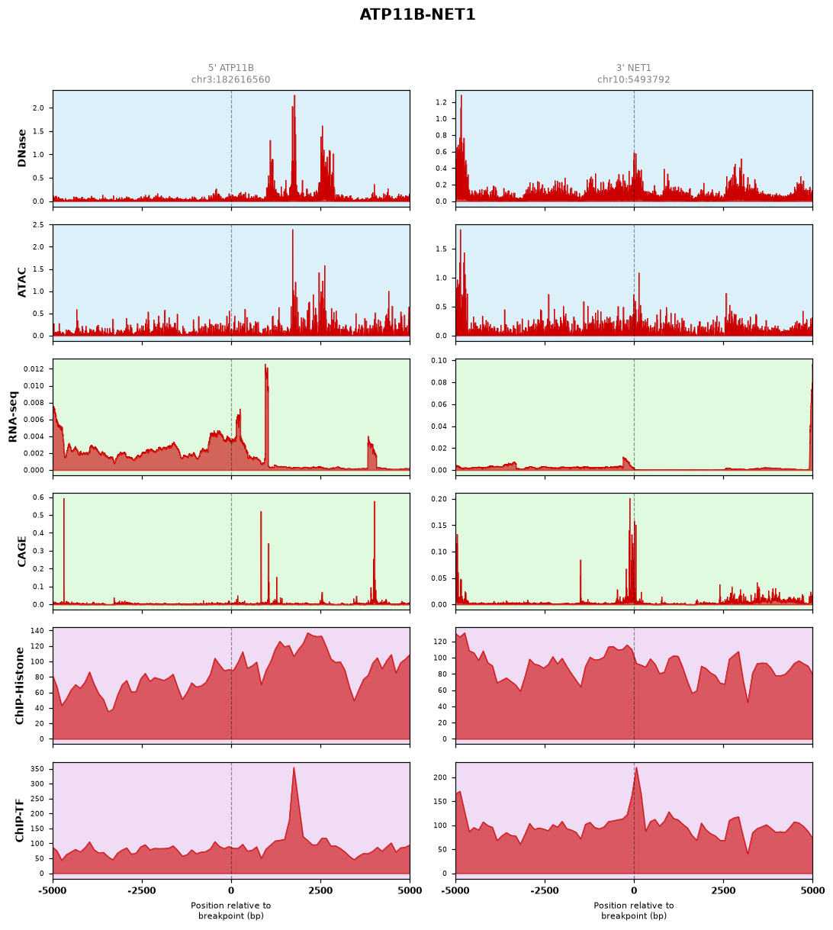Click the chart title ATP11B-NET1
coord(416,14)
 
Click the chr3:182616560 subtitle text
coord(230,79)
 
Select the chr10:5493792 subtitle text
coord(633,79)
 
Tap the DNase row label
coord(21,148)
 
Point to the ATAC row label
coord(21,282)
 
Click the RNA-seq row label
coord(13,417)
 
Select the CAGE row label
coord(21,551)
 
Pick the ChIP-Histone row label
coord(19,685)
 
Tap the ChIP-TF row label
coord(19,820)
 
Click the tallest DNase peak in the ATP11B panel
coord(294,96)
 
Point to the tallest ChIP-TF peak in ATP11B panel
coord(294,768)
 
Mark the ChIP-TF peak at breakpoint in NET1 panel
coord(636,768)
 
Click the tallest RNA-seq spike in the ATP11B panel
coord(265,365)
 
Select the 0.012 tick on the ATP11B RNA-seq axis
coord(34,369)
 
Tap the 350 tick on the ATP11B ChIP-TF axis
coord(37,769)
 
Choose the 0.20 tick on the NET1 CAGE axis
coord(439,499)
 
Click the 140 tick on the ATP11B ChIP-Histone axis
coord(37,631)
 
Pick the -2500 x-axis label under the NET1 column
coord(545,890)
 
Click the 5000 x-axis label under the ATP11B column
coord(410,890)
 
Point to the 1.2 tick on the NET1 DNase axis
coord(441,102)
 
